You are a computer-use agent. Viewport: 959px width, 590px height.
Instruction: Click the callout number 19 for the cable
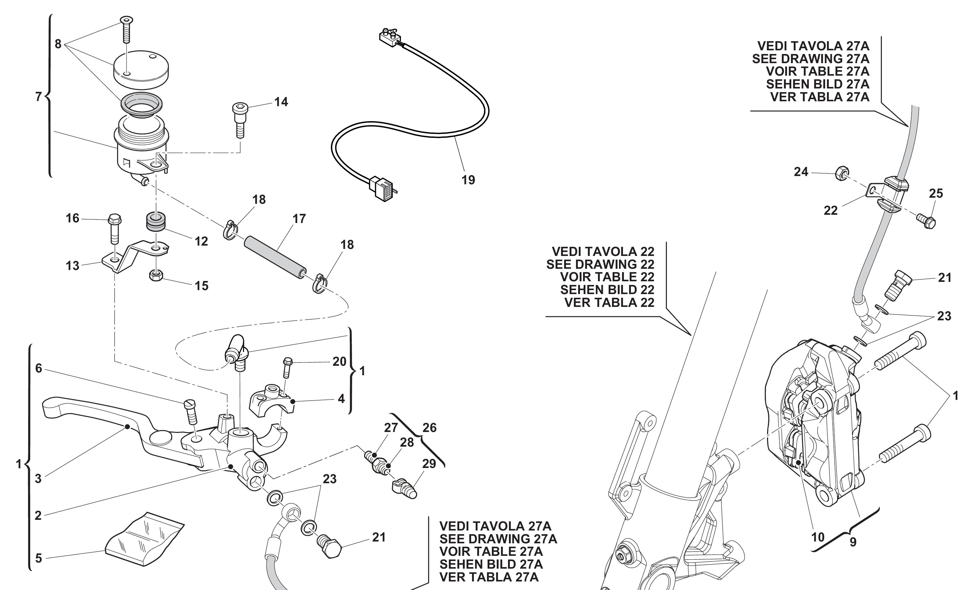tap(468, 180)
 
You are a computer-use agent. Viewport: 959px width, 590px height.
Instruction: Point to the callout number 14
tap(281, 102)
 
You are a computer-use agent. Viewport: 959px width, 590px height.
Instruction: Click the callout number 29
tap(429, 464)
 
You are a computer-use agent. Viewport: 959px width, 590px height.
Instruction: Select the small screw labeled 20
tap(287, 367)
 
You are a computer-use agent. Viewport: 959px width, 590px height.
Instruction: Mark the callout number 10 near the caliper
tap(818, 537)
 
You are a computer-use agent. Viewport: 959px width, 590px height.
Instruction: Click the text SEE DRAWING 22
tap(600, 264)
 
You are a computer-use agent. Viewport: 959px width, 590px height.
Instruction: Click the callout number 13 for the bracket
tap(73, 266)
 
